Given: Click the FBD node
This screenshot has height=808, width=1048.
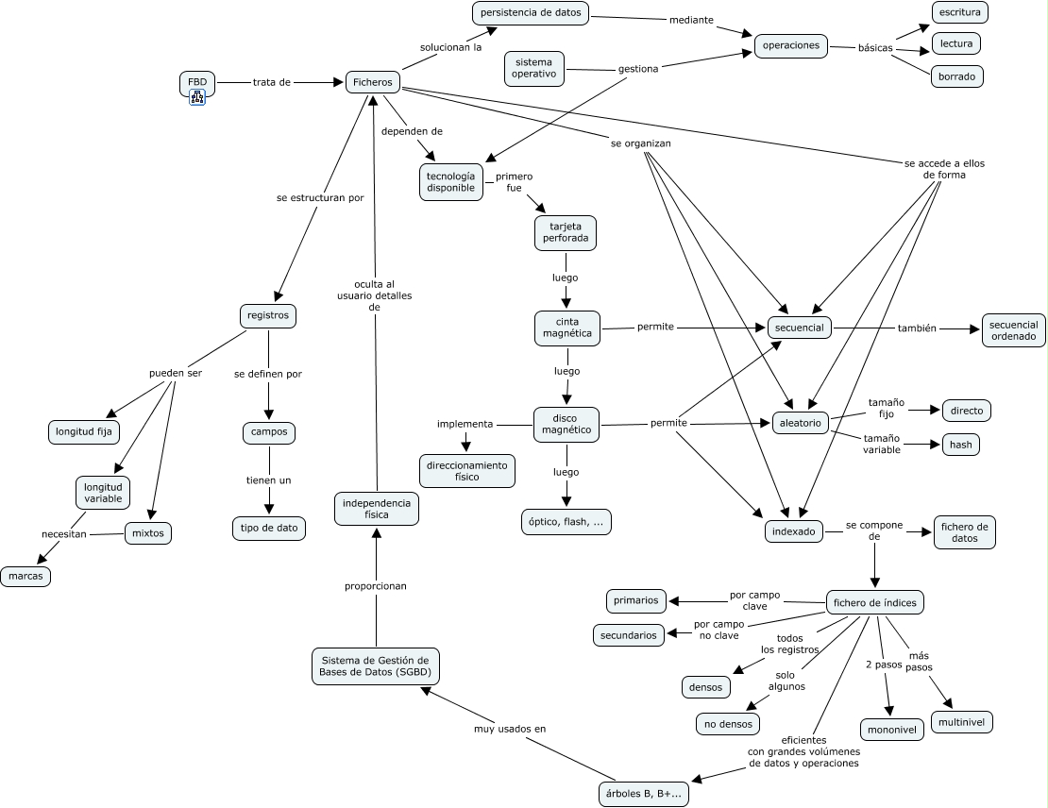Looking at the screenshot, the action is [x=197, y=82].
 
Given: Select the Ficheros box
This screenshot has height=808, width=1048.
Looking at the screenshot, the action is [x=373, y=82].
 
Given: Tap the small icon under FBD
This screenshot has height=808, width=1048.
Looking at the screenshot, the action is [x=197, y=97].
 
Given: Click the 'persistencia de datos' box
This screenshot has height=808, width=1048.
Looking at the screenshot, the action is [x=531, y=12].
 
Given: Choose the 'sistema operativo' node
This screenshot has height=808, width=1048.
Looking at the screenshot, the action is [x=534, y=68].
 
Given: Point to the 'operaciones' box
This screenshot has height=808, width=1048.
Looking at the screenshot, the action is [x=791, y=45].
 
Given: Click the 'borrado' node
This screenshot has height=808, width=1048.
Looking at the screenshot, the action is [x=956, y=76].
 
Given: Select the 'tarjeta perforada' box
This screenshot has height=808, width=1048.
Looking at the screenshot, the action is [x=566, y=232].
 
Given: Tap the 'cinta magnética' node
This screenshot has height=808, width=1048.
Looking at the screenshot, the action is [x=567, y=328].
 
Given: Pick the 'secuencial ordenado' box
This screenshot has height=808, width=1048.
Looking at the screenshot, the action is [x=1013, y=330].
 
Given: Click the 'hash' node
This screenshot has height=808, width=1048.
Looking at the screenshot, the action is [x=961, y=445].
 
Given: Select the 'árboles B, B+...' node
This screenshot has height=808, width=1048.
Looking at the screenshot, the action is [x=644, y=794].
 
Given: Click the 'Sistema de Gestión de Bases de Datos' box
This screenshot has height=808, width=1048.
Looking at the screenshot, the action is [x=376, y=666].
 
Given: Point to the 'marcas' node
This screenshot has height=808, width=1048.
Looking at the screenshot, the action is [x=25, y=576].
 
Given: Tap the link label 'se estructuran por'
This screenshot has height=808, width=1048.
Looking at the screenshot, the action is [x=320, y=198].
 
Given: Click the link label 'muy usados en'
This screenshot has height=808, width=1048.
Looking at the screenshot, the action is [x=510, y=729].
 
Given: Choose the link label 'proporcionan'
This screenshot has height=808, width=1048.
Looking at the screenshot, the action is [x=376, y=586].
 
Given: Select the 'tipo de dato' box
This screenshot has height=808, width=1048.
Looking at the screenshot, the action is [x=269, y=528].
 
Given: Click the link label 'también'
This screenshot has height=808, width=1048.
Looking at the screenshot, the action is [x=917, y=328].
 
